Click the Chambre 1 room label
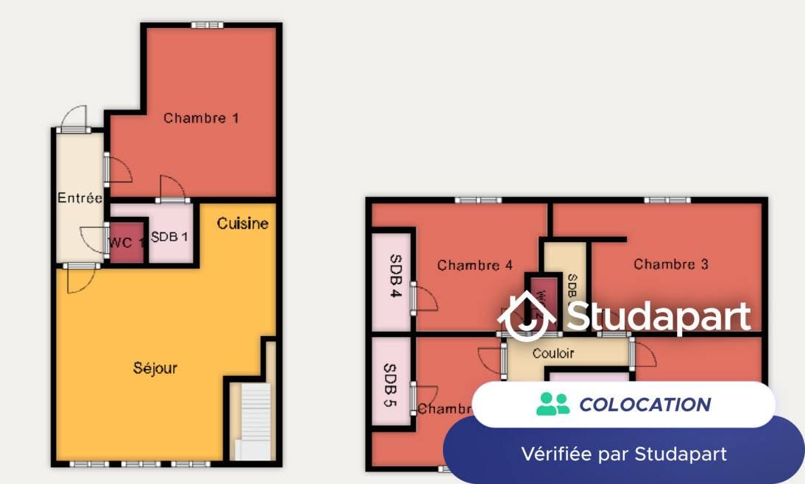coord(201,118)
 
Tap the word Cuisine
coord(242,224)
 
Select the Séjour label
coord(155,368)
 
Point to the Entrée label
coord(79,198)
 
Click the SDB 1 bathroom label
coord(170,238)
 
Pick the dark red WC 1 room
coord(126,242)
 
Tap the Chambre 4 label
coord(475,266)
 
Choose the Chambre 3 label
coord(671,264)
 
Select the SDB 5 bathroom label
coord(391,385)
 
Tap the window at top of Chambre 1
coord(207,26)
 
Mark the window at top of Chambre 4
coord(477,200)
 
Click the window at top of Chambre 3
coord(668,200)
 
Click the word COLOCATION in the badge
coord(645,405)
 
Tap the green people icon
coord(553,404)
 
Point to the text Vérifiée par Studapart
coord(624,454)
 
